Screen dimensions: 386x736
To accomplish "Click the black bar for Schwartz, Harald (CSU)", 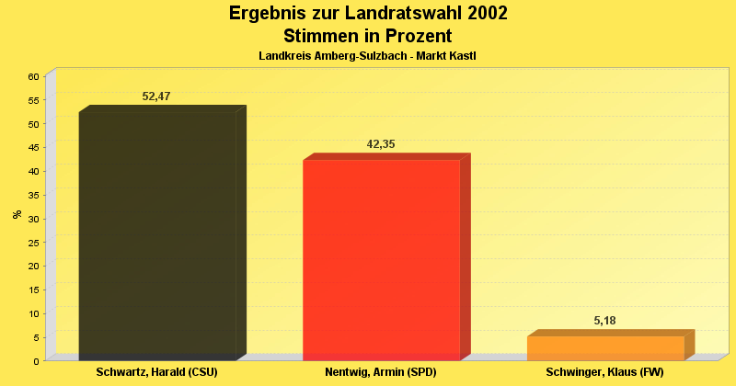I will coord(157,235).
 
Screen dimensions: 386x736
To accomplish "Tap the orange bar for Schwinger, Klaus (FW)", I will coord(605,348).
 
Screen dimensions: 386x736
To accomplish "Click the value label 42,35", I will coord(381,144).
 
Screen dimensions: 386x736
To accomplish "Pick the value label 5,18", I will coord(605,321).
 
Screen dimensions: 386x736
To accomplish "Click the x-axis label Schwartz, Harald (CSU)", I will coord(157,372).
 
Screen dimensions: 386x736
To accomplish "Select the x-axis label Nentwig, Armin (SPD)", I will coord(381,372).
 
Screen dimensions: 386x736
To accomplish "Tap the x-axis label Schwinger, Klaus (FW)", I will coord(604,372).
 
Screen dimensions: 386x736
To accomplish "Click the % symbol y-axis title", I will coord(17,214).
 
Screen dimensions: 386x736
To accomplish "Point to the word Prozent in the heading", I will coord(414,37).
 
